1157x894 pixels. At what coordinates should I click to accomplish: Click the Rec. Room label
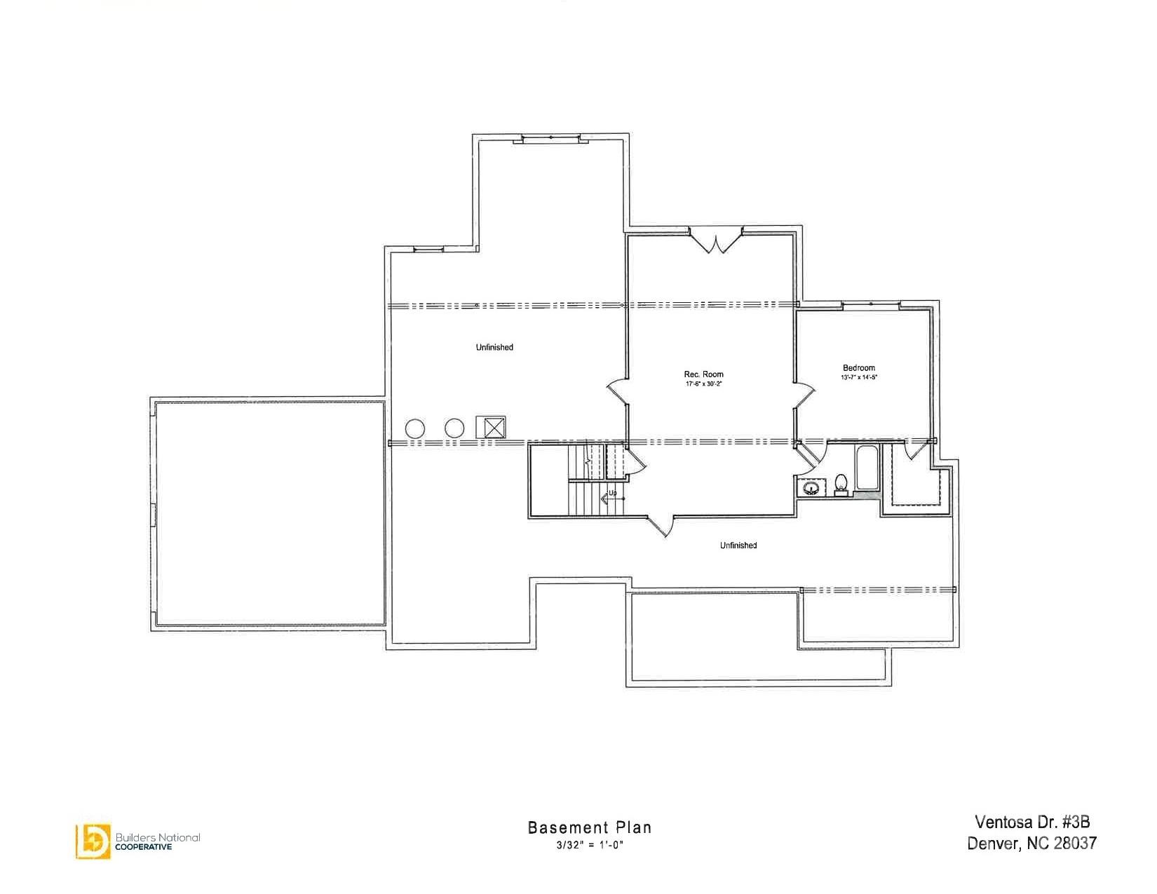[703, 374]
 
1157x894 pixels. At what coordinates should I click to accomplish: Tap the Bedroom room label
[859, 368]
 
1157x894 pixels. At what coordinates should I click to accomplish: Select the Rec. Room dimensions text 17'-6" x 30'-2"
[703, 384]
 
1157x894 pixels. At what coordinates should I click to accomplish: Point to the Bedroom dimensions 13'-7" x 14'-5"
[859, 377]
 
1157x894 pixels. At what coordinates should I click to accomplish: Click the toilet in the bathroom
[841, 484]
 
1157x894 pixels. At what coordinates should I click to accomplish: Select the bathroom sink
[812, 487]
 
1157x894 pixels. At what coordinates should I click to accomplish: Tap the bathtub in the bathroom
[866, 468]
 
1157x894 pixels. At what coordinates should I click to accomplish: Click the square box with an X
[491, 427]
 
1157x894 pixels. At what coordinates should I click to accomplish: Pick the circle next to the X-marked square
[454, 428]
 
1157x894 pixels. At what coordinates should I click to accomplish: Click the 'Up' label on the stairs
[612, 493]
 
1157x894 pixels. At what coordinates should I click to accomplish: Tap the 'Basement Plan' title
[590, 827]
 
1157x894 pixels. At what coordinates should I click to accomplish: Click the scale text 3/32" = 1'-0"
[590, 845]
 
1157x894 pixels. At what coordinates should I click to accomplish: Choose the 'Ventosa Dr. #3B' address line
[1032, 822]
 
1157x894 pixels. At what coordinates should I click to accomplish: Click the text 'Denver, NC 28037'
[1031, 843]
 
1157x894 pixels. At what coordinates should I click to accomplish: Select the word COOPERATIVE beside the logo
[143, 846]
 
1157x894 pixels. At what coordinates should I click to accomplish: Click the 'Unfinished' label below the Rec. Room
[738, 546]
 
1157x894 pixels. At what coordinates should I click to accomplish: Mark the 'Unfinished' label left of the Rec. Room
[494, 348]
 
